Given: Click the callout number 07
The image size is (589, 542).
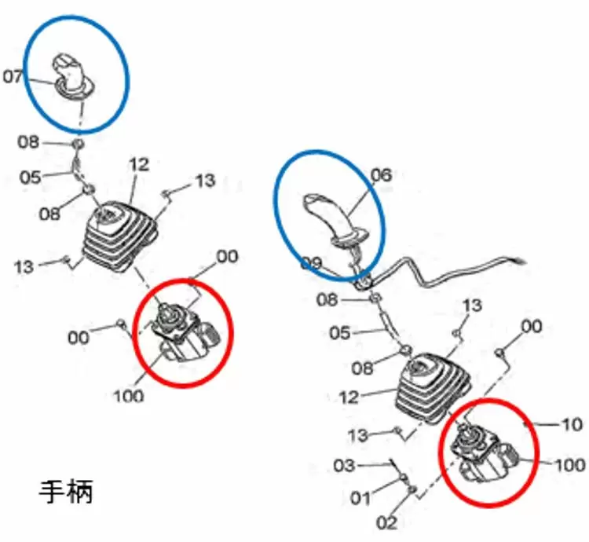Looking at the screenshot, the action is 13,77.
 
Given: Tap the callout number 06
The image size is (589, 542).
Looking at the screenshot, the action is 381,175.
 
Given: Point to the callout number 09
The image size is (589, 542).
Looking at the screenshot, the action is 311,263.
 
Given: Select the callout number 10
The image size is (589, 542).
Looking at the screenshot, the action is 572,425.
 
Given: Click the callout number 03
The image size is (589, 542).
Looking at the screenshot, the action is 344,466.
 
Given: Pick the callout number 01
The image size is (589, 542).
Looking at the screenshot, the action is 360,499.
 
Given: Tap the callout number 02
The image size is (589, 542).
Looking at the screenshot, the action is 387,522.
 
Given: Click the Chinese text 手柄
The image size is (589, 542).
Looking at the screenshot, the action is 66,492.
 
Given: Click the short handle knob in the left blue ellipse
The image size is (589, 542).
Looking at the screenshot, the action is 72,78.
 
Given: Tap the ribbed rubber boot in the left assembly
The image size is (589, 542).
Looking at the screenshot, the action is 120,236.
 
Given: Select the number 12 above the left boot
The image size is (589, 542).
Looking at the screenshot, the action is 139,164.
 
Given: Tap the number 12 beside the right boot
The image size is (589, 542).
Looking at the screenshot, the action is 349,397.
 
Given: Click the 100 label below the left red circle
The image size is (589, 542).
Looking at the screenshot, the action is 129,396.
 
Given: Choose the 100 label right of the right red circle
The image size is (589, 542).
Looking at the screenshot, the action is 570,465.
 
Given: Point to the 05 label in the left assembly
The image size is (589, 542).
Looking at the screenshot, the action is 30,177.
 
